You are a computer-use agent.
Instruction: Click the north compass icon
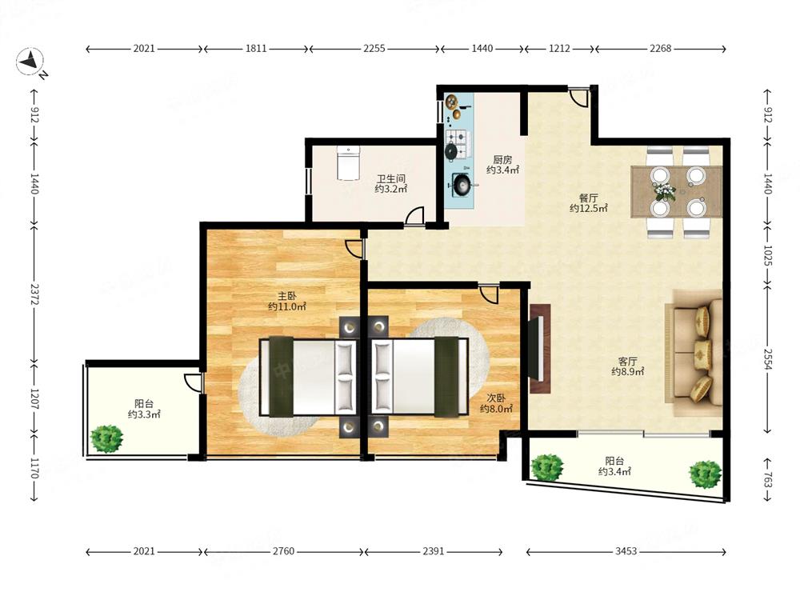point(30,62)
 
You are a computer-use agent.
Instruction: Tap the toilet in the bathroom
point(349,162)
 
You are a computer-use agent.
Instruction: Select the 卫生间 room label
point(391,179)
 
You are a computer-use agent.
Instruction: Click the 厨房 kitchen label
point(502,160)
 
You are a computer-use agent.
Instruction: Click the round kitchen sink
point(462,184)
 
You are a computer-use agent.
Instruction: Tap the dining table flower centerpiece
point(665,190)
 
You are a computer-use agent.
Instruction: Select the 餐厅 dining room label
point(588,198)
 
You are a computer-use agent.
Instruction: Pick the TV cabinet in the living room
point(540,349)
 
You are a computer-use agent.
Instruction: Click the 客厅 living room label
point(627,362)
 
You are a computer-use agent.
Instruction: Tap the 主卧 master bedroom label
point(286,296)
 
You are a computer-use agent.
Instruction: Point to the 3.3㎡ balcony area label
point(144,414)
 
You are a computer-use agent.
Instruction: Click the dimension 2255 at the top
point(374,49)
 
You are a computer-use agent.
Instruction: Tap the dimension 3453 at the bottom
point(626,551)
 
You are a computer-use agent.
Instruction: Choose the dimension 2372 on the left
point(34,294)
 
